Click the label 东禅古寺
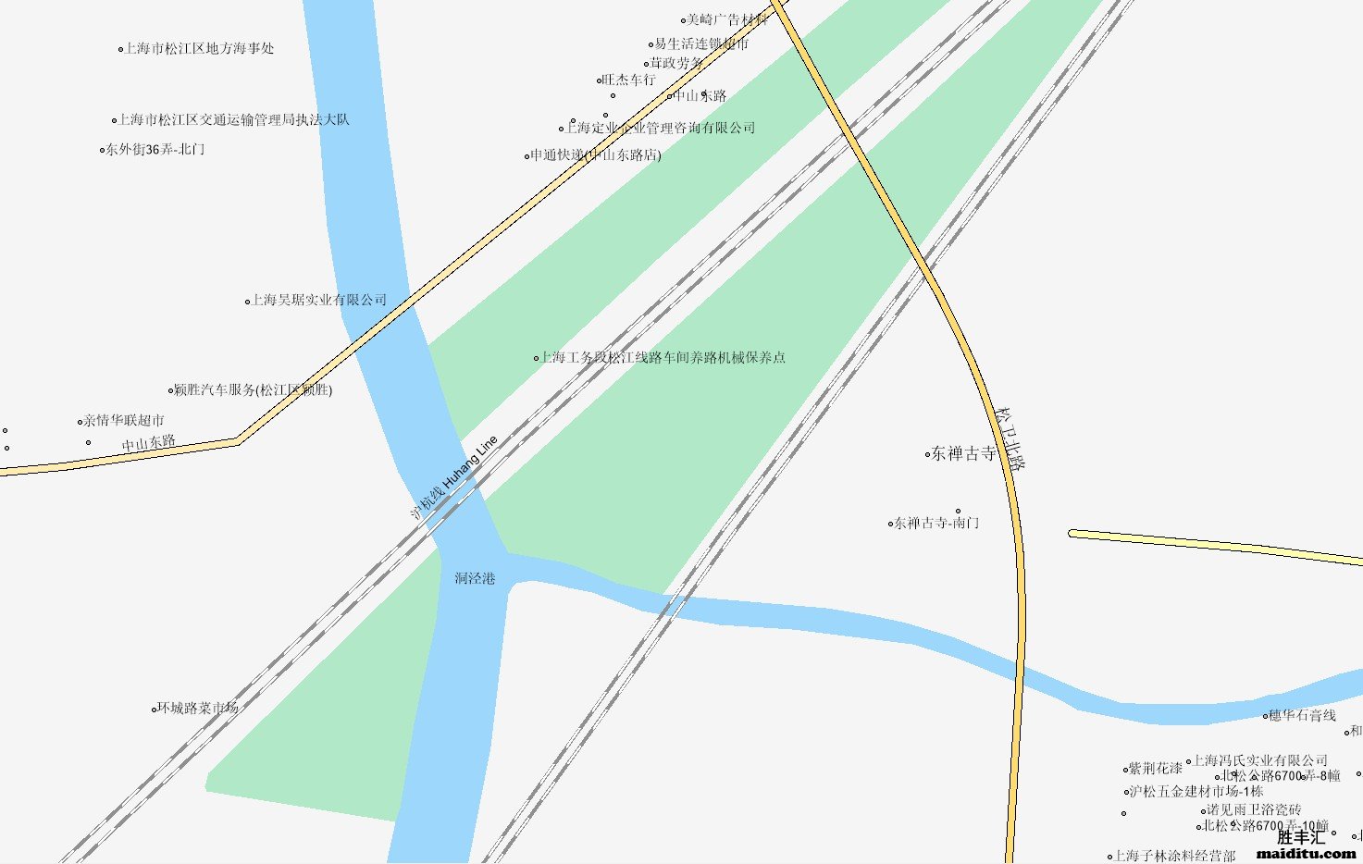click(x=963, y=454)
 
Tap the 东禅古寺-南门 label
click(x=936, y=524)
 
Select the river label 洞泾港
click(x=475, y=579)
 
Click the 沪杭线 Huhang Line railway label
click(x=454, y=476)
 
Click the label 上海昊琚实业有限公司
click(x=319, y=301)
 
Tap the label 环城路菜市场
click(x=197, y=709)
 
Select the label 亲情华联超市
click(x=124, y=421)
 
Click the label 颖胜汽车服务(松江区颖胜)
click(x=253, y=390)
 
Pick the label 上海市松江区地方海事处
click(x=199, y=49)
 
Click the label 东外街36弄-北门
click(x=155, y=149)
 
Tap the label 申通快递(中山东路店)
click(x=596, y=155)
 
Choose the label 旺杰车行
click(x=629, y=80)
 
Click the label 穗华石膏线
click(x=1303, y=716)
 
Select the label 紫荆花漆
click(x=1155, y=769)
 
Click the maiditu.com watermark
click(x=1306, y=853)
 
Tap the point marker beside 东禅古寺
click(x=927, y=454)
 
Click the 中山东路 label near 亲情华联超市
click(x=149, y=443)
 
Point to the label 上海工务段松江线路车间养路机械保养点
click(x=663, y=358)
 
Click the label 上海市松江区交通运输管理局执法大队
click(x=233, y=120)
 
